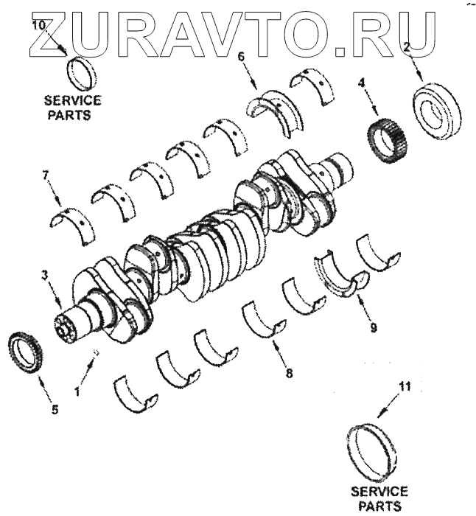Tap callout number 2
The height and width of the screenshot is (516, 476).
click(x=407, y=47)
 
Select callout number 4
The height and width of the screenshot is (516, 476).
click(x=362, y=84)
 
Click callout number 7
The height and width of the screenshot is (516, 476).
click(x=46, y=176)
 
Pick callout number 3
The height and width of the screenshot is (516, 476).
click(x=45, y=275)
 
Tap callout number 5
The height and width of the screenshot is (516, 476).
click(x=55, y=410)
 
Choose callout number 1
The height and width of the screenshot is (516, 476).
click(x=77, y=391)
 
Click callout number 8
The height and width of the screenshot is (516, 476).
click(x=289, y=373)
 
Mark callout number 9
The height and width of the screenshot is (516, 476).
click(x=373, y=328)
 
